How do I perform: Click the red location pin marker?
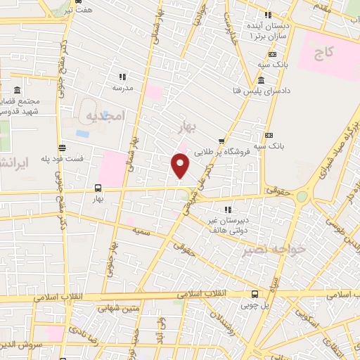181,166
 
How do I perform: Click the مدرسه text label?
123,88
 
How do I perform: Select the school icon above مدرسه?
122,77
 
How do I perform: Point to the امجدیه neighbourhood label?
105,115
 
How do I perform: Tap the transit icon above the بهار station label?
98,188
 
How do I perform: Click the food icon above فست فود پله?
63,148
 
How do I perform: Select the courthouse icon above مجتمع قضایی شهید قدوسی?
17,91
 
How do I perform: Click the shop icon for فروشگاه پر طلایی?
222,141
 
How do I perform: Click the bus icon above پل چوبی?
254,295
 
